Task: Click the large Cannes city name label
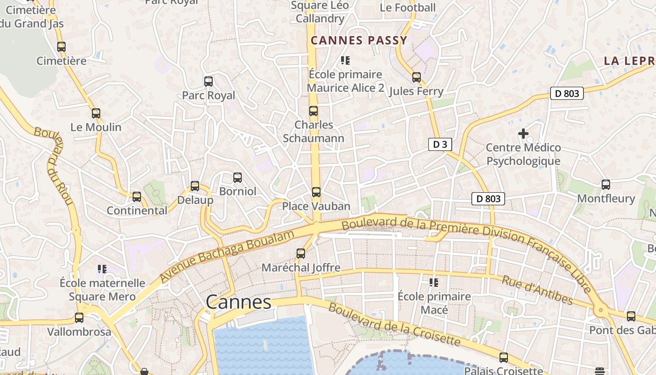tap(239, 302)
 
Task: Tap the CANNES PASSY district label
tap(359, 40)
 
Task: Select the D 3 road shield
tap(440, 144)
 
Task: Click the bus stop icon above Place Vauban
tap(316, 192)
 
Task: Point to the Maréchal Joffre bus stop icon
tap(301, 254)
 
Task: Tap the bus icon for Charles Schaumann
tap(313, 111)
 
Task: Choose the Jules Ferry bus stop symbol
tap(417, 77)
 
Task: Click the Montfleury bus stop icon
tap(606, 185)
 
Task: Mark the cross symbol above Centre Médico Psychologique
tap(523, 134)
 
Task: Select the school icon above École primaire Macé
tap(434, 283)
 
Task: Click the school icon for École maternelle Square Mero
tap(102, 269)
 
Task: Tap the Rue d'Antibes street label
tap(537, 290)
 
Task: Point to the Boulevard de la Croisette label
tap(394, 324)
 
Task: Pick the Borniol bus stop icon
tap(238, 178)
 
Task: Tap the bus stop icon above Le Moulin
tap(96, 113)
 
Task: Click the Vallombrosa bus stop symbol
tap(79, 318)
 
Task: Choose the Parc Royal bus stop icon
tap(209, 82)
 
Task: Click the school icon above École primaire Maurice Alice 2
tap(345, 60)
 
